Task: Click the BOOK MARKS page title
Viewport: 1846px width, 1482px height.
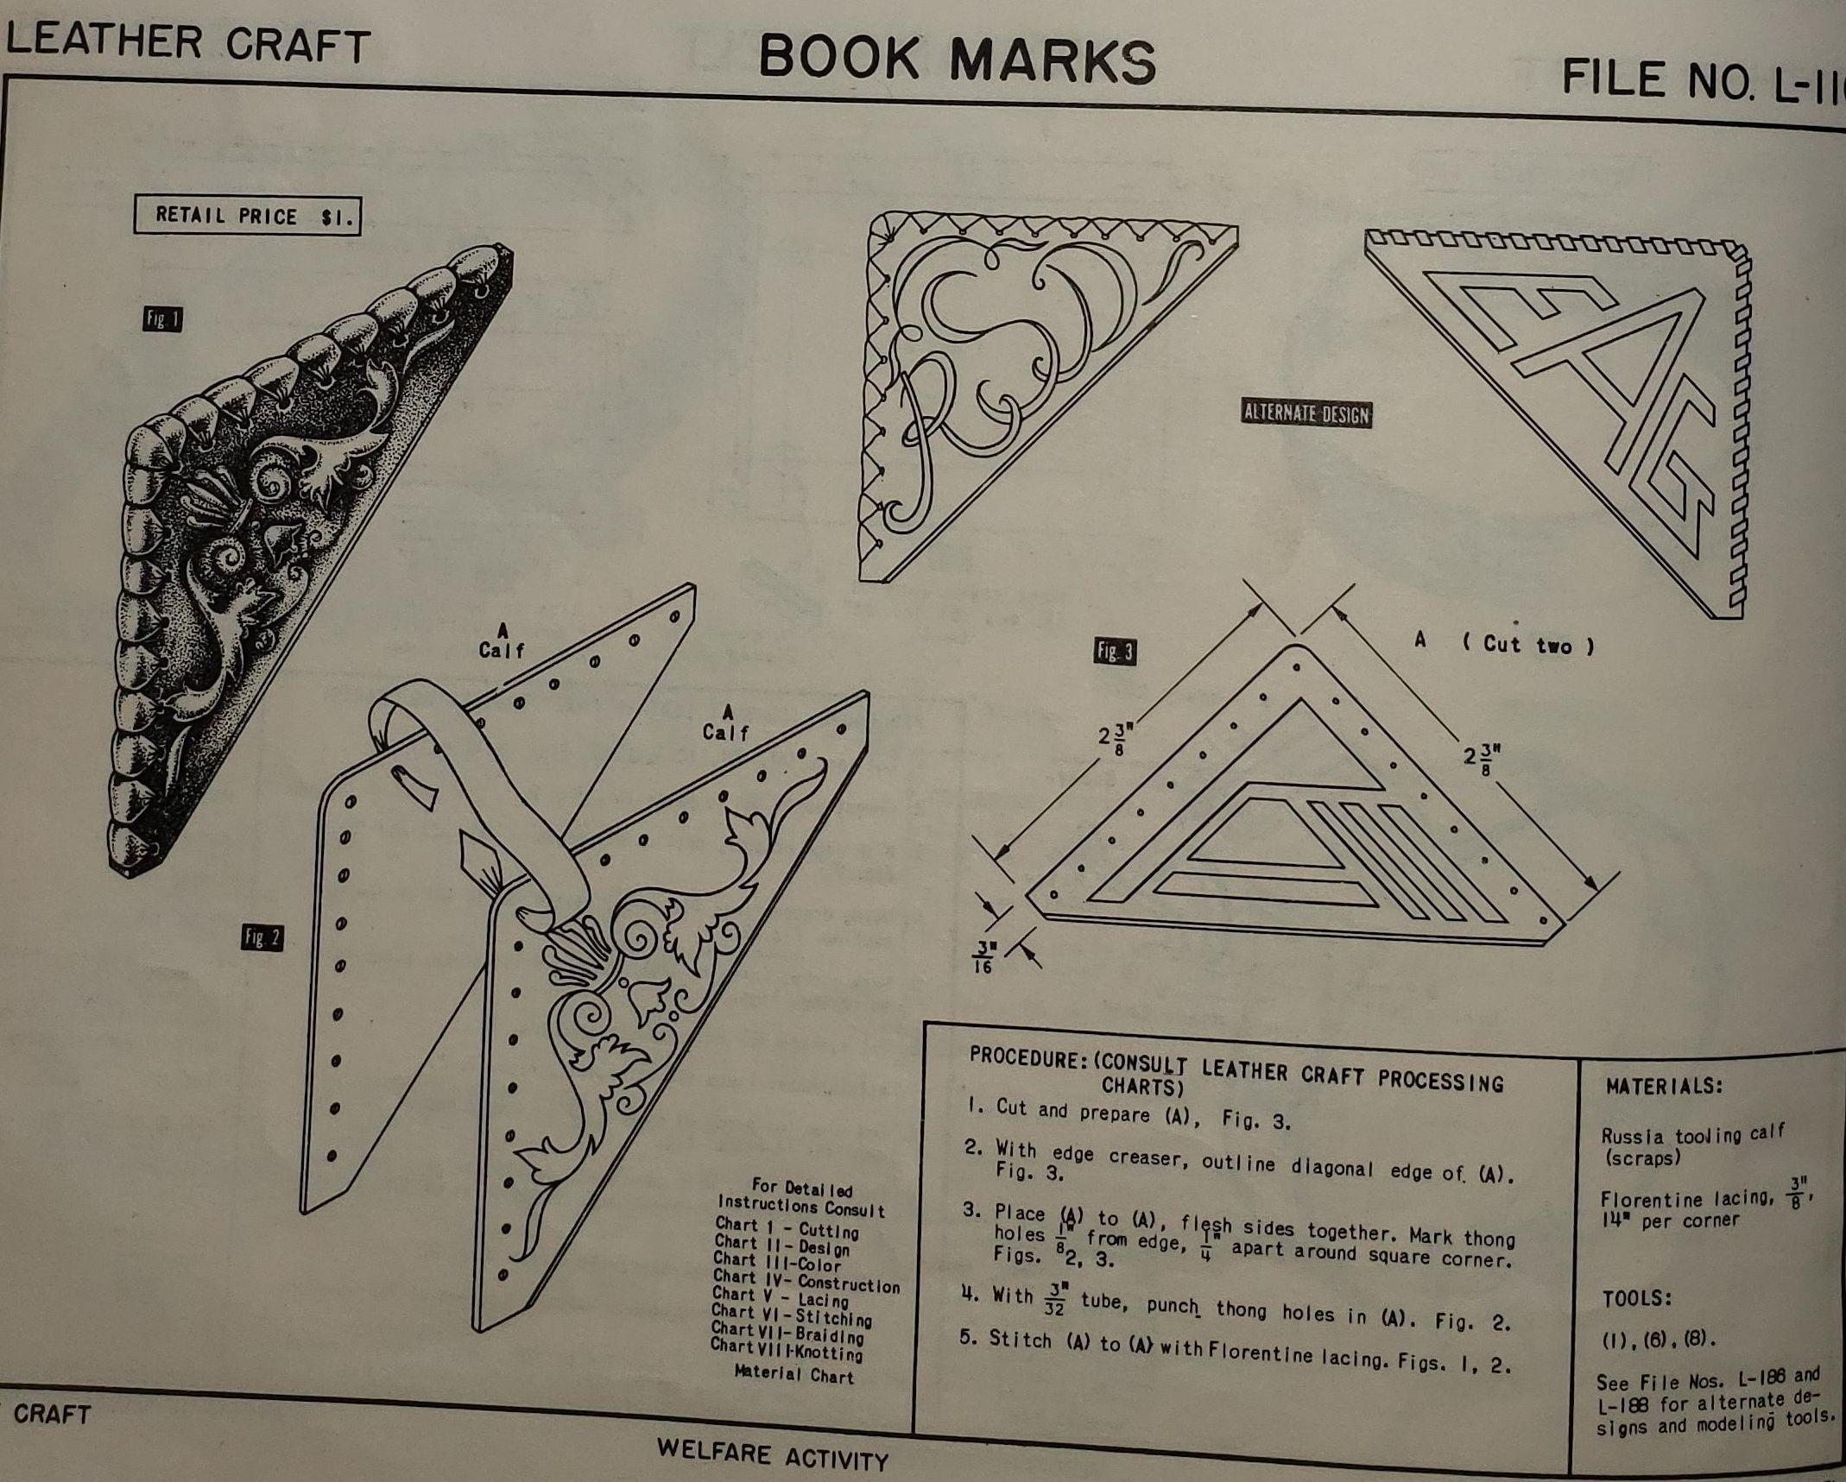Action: [x=957, y=60]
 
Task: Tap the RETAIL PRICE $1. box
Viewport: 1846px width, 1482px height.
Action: [x=247, y=216]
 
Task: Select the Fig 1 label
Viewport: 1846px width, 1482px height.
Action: [x=162, y=320]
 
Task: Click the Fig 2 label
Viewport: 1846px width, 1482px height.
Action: [x=262, y=937]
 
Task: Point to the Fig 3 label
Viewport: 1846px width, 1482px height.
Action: [x=1116, y=652]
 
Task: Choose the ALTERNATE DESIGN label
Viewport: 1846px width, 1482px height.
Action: [x=1306, y=413]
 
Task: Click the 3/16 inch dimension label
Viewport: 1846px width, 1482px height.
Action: [x=983, y=957]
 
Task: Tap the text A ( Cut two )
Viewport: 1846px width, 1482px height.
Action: [x=1504, y=643]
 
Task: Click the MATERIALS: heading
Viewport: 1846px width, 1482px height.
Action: [x=1663, y=1086]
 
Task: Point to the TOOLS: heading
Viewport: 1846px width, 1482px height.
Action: [x=1638, y=1299]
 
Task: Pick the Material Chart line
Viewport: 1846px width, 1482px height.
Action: [x=793, y=1373]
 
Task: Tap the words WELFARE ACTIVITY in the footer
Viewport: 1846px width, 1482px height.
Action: [x=773, y=1455]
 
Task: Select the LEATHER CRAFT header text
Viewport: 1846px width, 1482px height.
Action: [x=187, y=42]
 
